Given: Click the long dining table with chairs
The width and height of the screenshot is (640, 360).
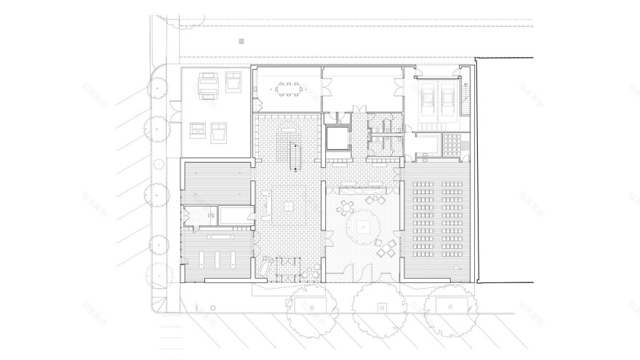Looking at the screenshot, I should (x=287, y=91).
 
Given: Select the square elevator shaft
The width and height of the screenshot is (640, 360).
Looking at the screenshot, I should (x=337, y=137).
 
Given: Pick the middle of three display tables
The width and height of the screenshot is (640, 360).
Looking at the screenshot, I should (x=219, y=260).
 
